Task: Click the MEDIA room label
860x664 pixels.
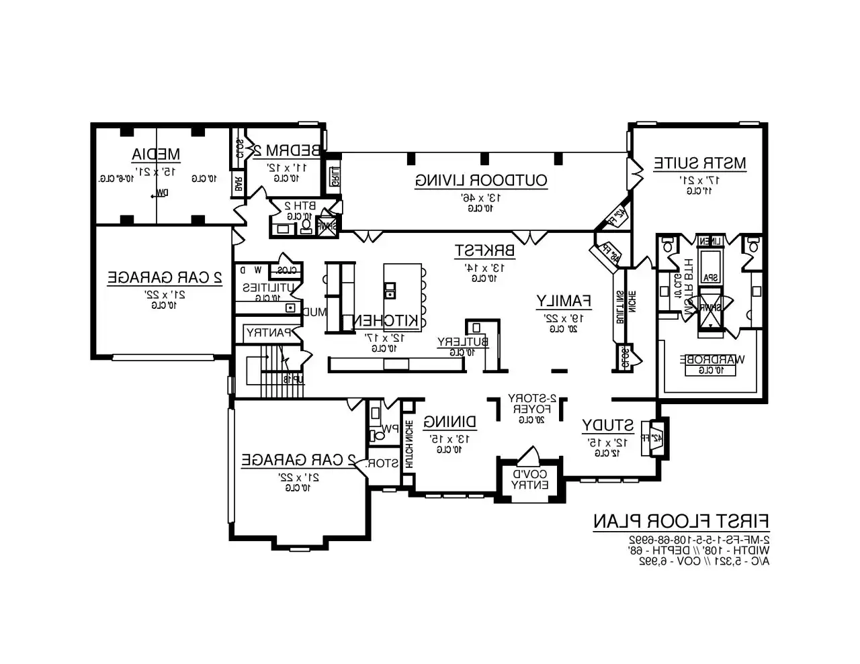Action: tap(155, 154)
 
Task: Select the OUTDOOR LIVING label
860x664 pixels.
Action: tap(481, 180)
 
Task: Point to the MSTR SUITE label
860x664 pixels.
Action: tap(699, 163)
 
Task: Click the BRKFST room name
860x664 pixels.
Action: tap(484, 250)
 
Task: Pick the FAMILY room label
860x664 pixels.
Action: tap(563, 301)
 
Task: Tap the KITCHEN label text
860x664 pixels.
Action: tap(387, 322)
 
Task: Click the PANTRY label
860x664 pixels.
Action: tap(269, 332)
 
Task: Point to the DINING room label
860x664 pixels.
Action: tap(450, 422)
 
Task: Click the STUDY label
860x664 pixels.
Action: tap(607, 425)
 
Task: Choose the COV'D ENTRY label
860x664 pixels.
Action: tap(531, 479)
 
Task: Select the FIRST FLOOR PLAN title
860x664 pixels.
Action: tap(681, 521)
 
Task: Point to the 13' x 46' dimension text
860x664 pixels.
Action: tap(481, 198)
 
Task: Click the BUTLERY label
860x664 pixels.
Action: tap(464, 342)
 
